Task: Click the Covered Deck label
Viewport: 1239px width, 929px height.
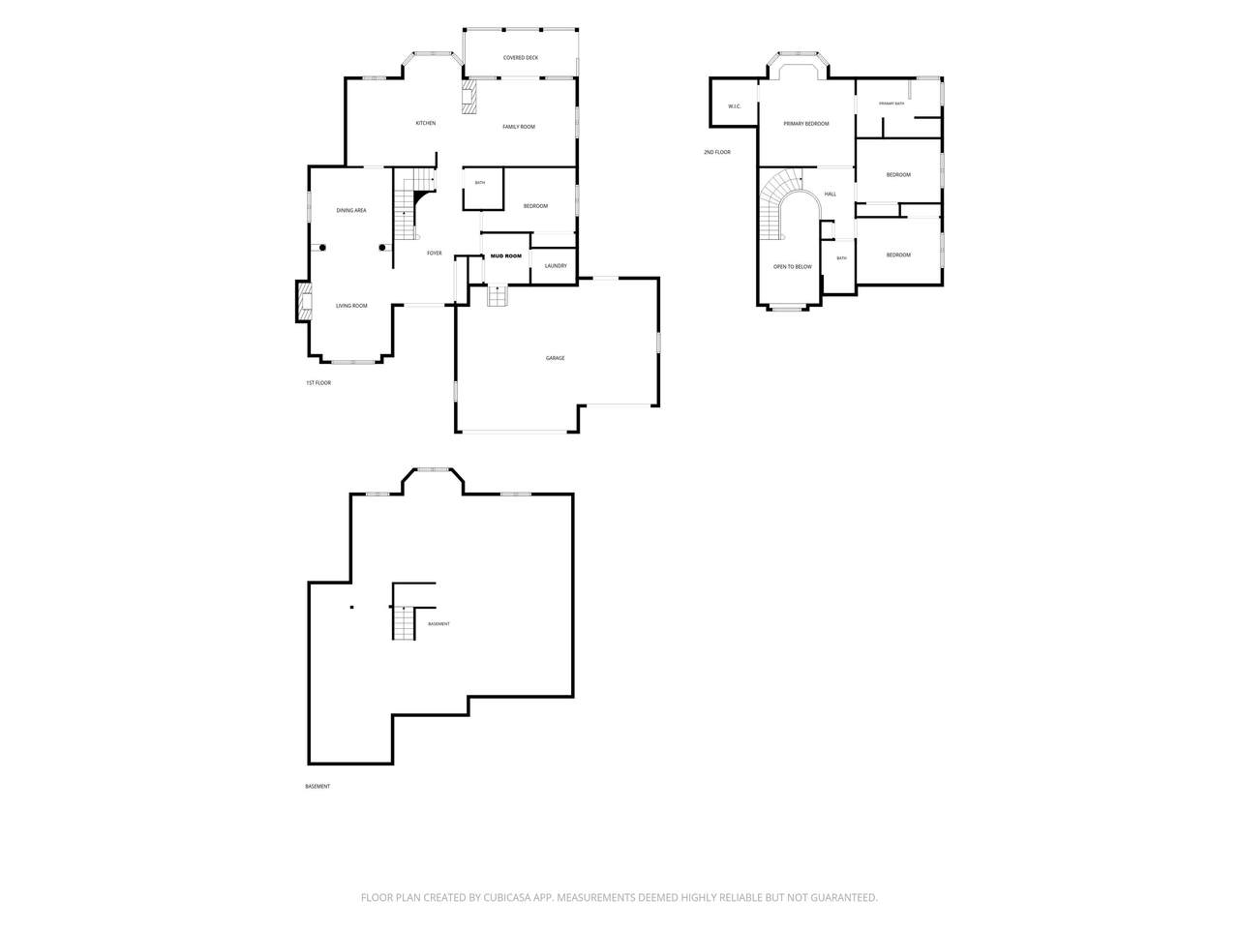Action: [x=520, y=57]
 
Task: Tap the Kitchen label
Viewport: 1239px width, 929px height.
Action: [x=425, y=123]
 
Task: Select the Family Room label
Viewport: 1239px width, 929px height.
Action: [x=518, y=127]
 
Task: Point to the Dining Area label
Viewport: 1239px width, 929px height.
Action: [x=351, y=210]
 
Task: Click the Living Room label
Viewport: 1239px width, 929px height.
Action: [x=351, y=306]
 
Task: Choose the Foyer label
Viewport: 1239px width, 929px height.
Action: [x=434, y=254]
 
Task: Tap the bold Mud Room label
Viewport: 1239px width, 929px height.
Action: [x=505, y=256]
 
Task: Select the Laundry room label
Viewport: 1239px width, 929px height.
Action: [x=556, y=266]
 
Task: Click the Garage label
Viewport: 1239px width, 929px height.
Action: [x=555, y=358]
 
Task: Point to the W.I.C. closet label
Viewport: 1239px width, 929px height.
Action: [x=734, y=106]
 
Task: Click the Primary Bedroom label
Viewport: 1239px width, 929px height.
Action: [x=805, y=124]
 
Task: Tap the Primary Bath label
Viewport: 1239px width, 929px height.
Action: [x=891, y=104]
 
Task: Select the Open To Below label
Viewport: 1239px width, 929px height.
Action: [x=792, y=267]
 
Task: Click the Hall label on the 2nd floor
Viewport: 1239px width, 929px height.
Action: [x=830, y=195]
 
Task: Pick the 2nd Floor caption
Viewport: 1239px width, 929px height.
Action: [x=717, y=152]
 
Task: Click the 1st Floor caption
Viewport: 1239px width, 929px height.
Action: [x=318, y=383]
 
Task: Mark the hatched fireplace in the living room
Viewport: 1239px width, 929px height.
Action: [x=304, y=302]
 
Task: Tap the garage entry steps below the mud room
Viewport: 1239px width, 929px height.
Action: [x=497, y=296]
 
